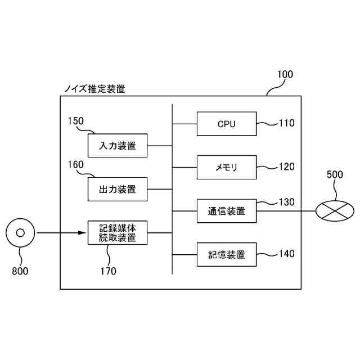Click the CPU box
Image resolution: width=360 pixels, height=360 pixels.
click(x=226, y=124)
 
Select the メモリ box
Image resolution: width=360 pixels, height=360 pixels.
click(x=226, y=167)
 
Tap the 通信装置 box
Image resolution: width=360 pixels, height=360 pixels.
click(x=226, y=211)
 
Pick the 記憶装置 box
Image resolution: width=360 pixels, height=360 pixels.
click(x=226, y=254)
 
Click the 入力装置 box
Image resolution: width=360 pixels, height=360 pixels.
click(x=118, y=146)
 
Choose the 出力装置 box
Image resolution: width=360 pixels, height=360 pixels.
click(x=118, y=189)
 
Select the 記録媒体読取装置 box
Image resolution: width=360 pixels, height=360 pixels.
click(x=118, y=232)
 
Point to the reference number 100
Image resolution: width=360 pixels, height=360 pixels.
click(x=285, y=74)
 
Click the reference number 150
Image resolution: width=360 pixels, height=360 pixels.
click(x=75, y=121)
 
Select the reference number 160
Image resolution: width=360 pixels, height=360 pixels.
click(x=75, y=165)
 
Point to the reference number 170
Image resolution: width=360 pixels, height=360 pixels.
click(x=107, y=271)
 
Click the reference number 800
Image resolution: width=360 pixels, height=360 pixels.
click(x=20, y=271)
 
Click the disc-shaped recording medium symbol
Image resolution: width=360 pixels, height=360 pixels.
click(x=20, y=232)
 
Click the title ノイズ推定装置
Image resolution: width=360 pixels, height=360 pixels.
click(x=94, y=89)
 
